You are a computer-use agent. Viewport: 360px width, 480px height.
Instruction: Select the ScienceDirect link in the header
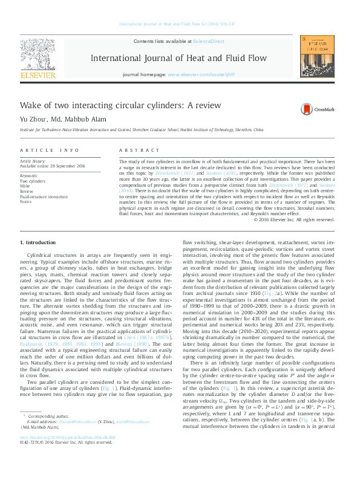tap(208, 41)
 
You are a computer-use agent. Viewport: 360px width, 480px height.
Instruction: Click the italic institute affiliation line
tap(142, 129)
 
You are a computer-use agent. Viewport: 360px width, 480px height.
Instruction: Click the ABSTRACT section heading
tap(134, 149)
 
